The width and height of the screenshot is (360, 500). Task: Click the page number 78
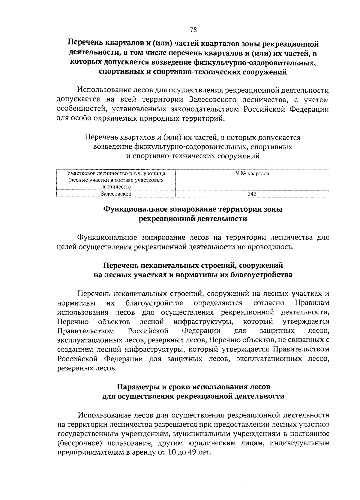pyautogui.click(x=193, y=29)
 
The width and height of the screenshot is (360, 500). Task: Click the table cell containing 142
pyautogui.click(x=252, y=194)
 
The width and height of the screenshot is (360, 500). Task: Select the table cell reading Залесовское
pyautogui.click(x=116, y=194)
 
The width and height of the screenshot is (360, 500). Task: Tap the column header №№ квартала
pyautogui.click(x=252, y=173)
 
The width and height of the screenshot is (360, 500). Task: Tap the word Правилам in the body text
pyautogui.click(x=312, y=303)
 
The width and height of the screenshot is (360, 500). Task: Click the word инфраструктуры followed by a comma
pyautogui.click(x=204, y=322)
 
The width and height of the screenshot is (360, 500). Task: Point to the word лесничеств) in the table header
pyautogui.click(x=116, y=187)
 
